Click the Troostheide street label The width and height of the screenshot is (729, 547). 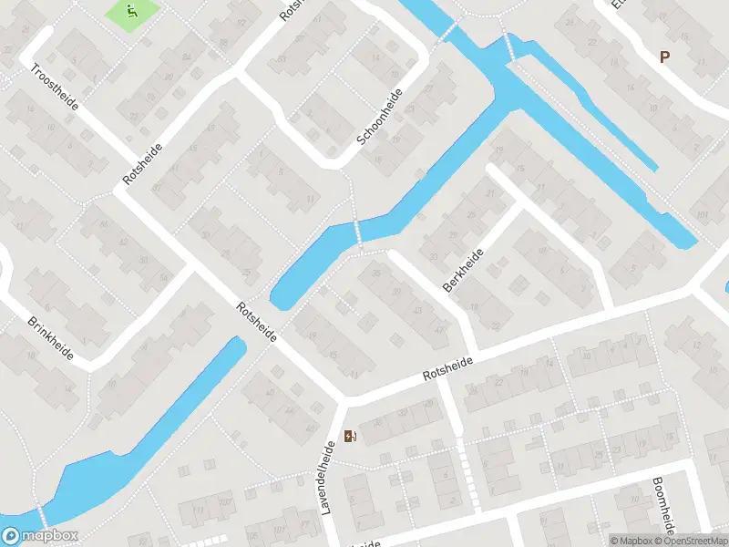(x=55, y=87)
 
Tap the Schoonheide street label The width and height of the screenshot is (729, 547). (x=380, y=118)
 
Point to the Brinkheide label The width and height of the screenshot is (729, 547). (x=51, y=338)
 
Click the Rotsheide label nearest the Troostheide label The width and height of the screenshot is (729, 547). (x=143, y=165)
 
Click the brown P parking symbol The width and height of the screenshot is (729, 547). (x=664, y=57)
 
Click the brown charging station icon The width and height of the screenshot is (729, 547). (x=351, y=436)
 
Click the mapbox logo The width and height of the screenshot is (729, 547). (x=39, y=536)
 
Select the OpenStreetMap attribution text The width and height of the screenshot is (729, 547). (x=692, y=541)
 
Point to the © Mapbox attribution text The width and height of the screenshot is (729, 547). (x=631, y=541)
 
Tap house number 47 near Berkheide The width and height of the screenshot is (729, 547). (x=440, y=330)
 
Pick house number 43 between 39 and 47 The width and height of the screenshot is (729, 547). (x=417, y=311)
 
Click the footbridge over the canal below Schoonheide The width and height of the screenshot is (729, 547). (x=358, y=233)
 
